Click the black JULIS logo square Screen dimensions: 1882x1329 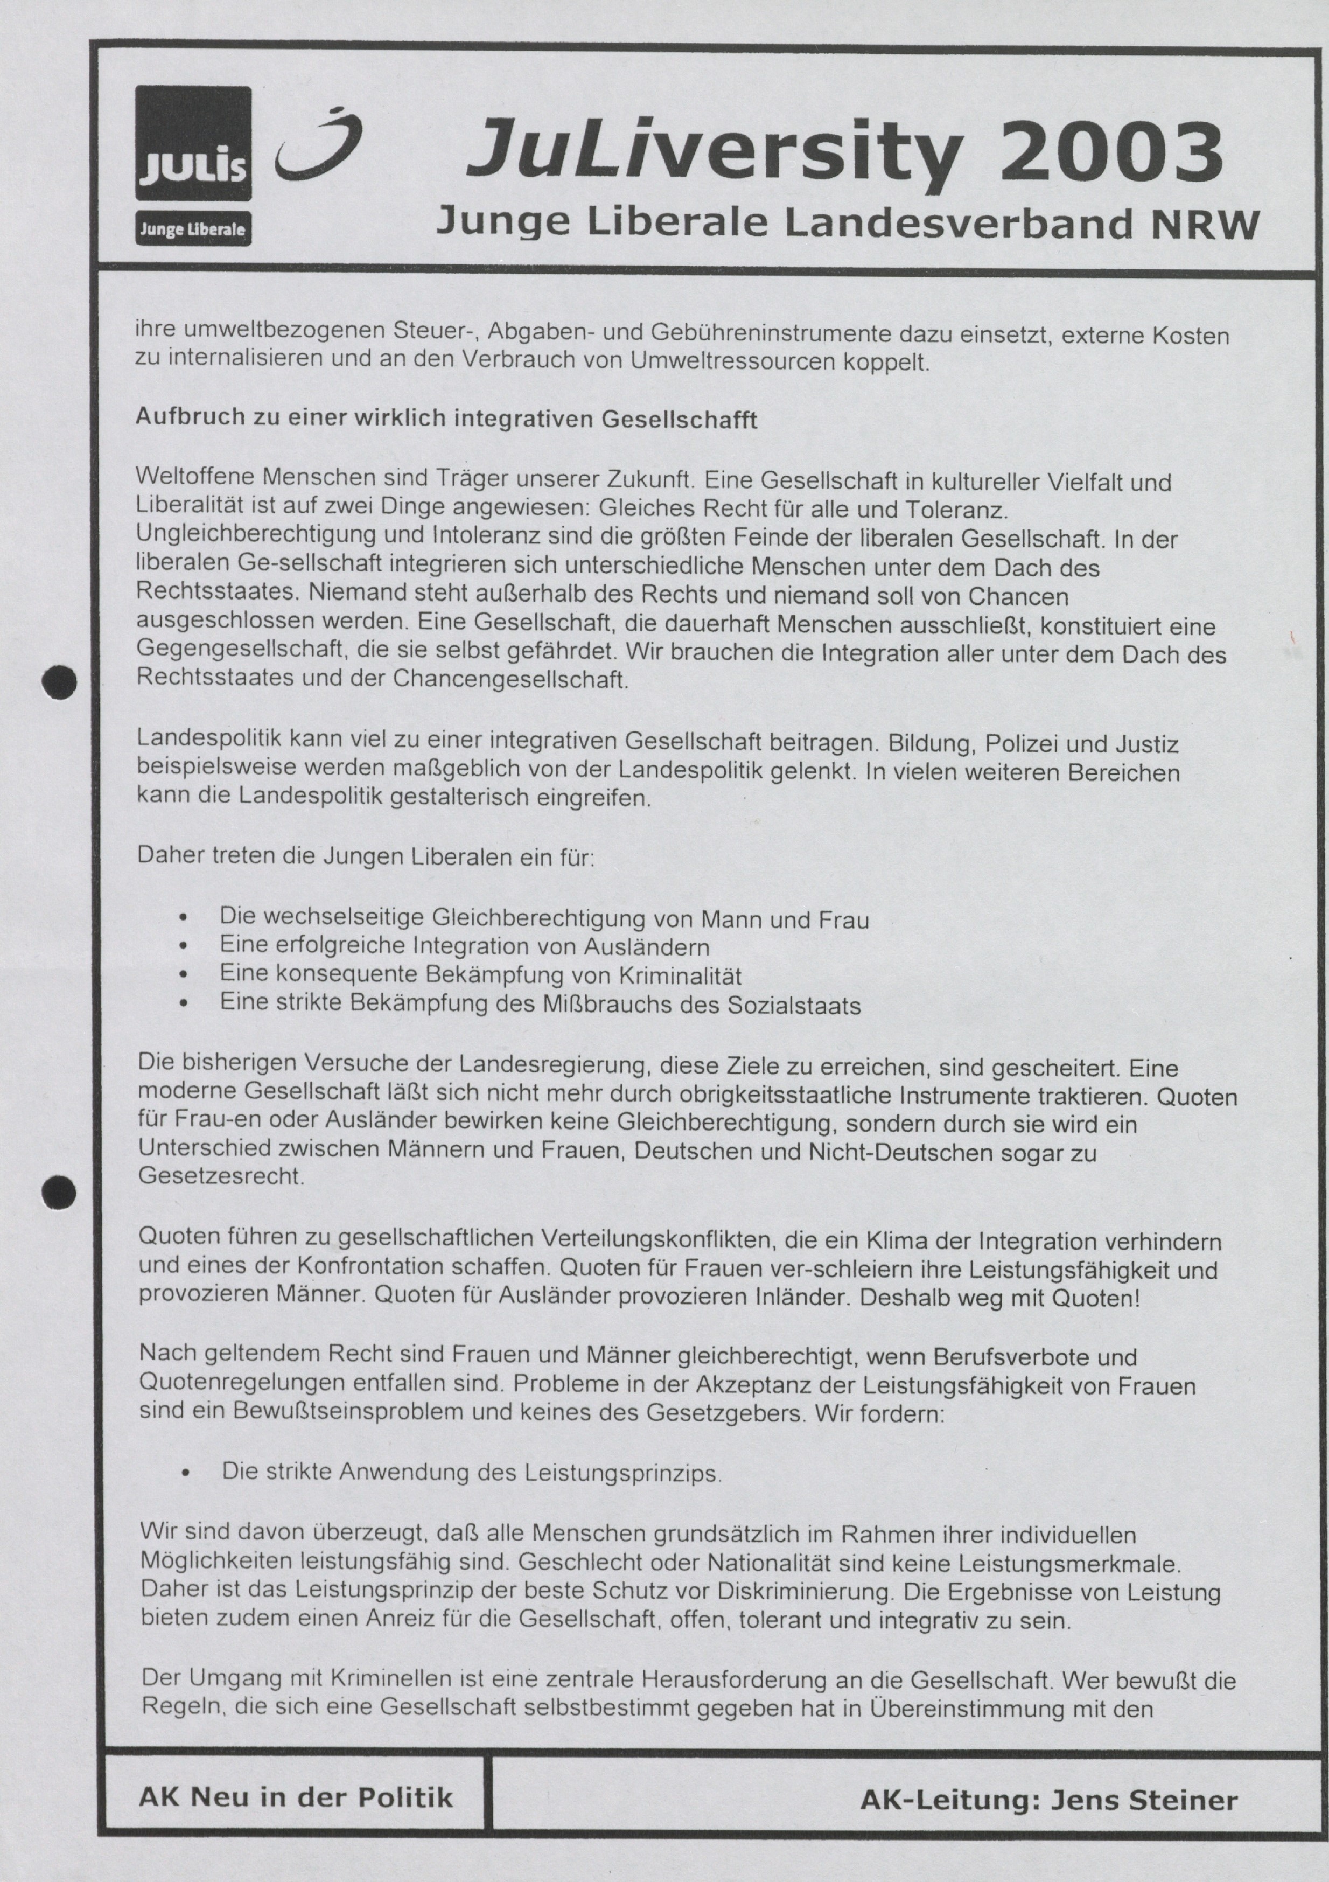[193, 143]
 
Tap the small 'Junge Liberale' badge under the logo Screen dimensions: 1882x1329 [193, 229]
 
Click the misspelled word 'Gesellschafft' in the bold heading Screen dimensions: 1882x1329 [680, 420]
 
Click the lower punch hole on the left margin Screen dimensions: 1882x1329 [60, 1191]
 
